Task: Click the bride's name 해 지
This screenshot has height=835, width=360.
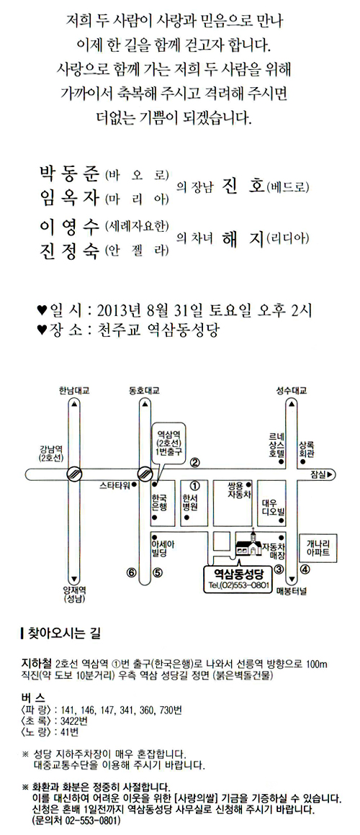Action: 243,238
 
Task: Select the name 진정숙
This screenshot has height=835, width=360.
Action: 70,249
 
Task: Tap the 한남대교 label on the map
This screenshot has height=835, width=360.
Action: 74,391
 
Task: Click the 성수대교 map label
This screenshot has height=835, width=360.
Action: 292,391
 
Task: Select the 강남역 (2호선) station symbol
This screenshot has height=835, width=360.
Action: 73,474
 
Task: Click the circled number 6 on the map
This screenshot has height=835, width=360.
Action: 132,573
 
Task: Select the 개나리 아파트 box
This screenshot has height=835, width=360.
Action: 318,548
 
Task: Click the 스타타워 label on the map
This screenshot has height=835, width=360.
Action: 117,485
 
